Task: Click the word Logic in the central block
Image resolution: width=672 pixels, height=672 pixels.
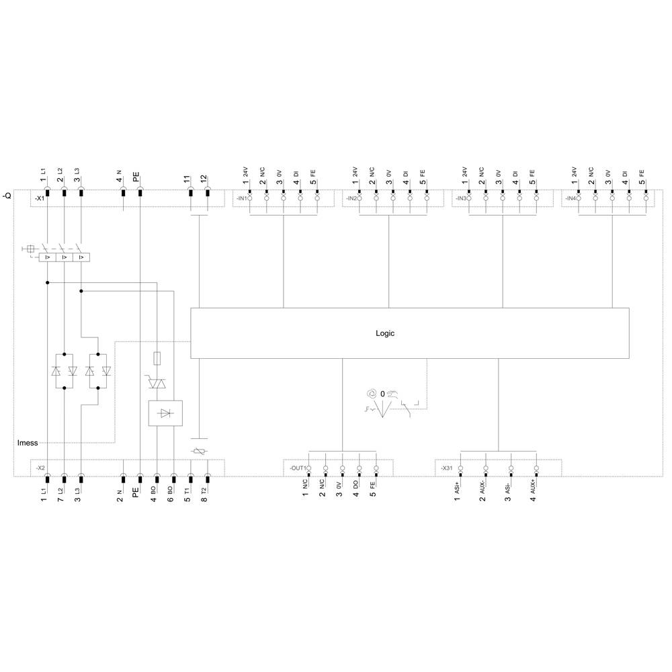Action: tap(385, 333)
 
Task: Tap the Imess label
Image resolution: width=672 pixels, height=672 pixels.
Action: tap(28, 443)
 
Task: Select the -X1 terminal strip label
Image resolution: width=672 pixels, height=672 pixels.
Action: tap(40, 199)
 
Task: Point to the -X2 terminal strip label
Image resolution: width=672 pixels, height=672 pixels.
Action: tap(40, 467)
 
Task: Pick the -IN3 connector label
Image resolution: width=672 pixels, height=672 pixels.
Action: tap(460, 199)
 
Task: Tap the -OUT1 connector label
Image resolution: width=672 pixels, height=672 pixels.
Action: tap(298, 468)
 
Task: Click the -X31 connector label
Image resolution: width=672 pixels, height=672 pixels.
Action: tap(447, 468)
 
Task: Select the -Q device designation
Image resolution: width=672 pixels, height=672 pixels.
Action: tap(7, 196)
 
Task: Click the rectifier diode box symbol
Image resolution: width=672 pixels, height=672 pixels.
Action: tap(165, 413)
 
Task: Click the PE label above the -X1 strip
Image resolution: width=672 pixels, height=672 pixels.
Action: tap(136, 178)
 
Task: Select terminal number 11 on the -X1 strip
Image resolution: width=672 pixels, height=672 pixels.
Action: tap(187, 179)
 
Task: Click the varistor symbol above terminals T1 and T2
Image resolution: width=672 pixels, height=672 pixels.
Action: tap(199, 452)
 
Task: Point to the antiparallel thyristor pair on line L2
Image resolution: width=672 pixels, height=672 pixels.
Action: tap(64, 370)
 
